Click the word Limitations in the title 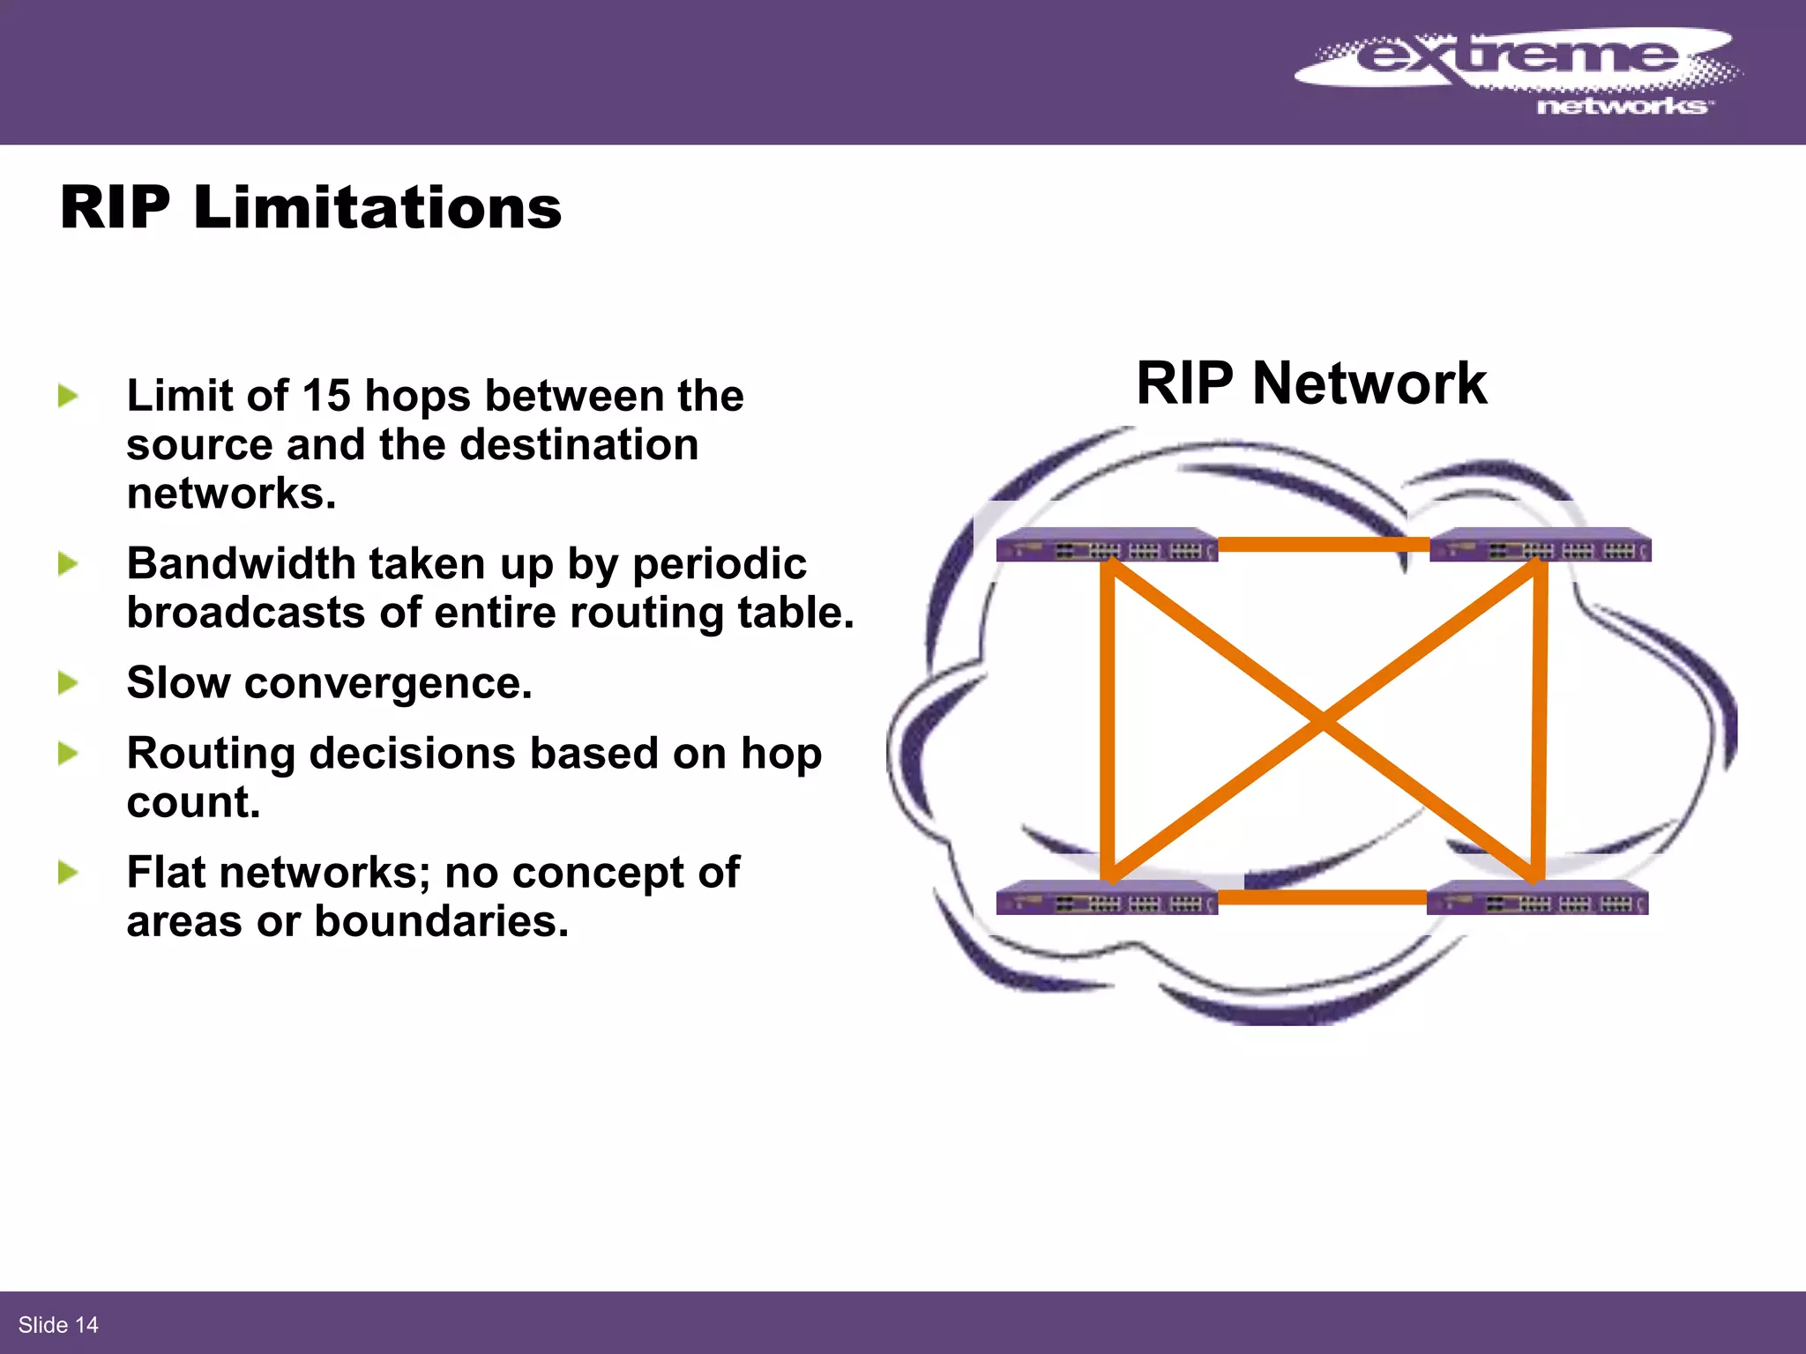pos(377,209)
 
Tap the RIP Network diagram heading pos(1311,384)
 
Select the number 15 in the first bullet pos(325,396)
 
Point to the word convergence pos(388,683)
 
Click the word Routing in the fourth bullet pos(211,755)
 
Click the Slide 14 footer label pos(58,1325)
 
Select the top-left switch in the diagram pos(1107,547)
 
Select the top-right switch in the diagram pos(1540,547)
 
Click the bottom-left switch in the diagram pos(1107,899)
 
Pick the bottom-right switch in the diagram pos(1537,899)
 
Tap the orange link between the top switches pos(1323,545)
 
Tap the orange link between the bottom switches pos(1323,897)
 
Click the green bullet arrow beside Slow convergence pos(68,683)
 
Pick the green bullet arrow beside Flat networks pos(68,873)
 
